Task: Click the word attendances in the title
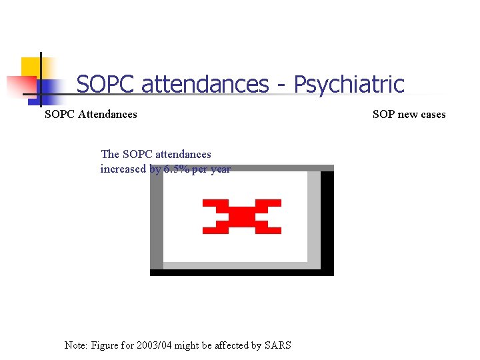click(205, 85)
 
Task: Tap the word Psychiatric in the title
click(349, 85)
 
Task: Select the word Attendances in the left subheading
click(107, 114)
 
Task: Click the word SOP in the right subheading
click(383, 114)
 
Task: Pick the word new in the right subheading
click(409, 114)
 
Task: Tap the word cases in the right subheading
click(433, 114)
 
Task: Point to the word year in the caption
click(219, 169)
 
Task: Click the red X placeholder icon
click(242, 216)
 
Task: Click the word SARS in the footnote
click(277, 345)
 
